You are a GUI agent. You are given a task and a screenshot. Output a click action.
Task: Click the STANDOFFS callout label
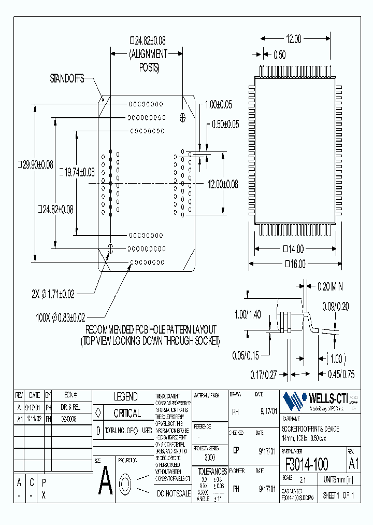tap(67, 79)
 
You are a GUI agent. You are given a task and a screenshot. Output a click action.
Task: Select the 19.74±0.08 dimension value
tap(78, 172)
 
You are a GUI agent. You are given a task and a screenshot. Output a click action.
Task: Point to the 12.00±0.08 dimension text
tap(223, 184)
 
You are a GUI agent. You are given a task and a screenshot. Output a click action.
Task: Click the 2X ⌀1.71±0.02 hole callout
tap(53, 294)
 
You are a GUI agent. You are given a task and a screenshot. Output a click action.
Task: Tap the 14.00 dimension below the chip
tap(294, 248)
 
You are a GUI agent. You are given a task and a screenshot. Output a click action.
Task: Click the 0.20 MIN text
tap(329, 286)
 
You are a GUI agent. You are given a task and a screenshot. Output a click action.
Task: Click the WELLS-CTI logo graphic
tap(294, 399)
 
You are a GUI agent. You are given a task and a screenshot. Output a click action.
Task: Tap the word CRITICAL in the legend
tap(127, 413)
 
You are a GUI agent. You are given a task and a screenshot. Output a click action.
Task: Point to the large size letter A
tap(105, 481)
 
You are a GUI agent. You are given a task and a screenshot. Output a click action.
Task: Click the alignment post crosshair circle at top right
tap(182, 118)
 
